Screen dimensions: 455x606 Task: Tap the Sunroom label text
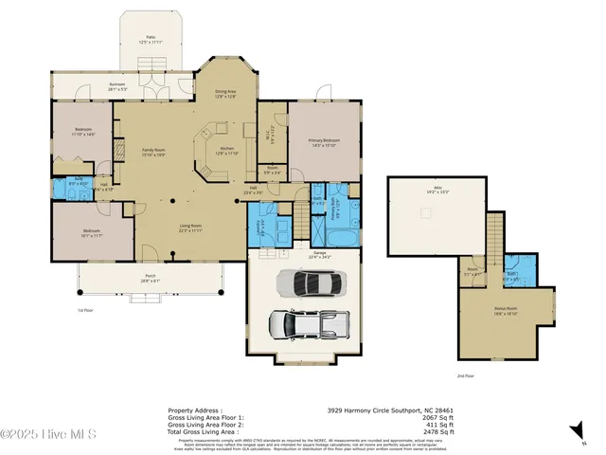tap(117, 87)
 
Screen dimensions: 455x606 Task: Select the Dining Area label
tap(226, 93)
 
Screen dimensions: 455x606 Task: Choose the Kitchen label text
tap(227, 151)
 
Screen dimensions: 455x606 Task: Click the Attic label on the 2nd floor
tap(437, 189)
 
